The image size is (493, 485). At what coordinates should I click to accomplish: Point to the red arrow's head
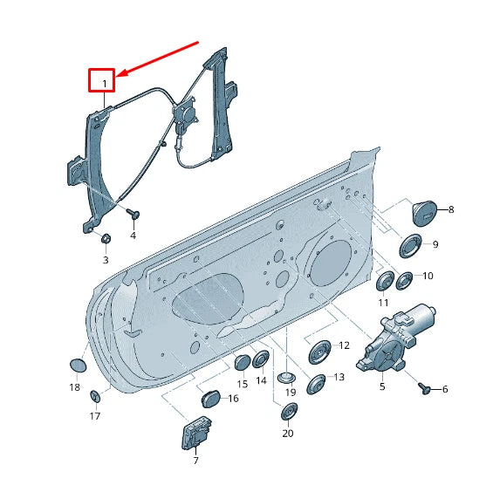coord(121,74)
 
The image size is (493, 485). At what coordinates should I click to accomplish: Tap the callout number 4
coord(134,235)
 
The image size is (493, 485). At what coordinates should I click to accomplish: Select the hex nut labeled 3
coord(106,239)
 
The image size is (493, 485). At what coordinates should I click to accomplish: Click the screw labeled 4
coord(134,214)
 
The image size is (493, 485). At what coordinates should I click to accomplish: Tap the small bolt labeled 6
coord(424,388)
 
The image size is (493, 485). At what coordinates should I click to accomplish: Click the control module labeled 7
coord(196,433)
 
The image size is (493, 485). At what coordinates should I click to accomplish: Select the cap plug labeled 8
coord(424,213)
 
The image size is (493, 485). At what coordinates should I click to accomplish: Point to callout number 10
coord(428,276)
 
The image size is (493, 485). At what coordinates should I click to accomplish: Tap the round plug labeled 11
coord(386,282)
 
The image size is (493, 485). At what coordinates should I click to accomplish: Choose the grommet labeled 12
coord(319,352)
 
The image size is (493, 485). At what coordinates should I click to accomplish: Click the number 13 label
coord(339,377)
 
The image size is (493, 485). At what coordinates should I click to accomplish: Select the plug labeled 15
coord(243,362)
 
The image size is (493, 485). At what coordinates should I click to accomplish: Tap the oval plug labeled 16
coord(210,399)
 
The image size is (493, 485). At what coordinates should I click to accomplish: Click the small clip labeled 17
coord(95,396)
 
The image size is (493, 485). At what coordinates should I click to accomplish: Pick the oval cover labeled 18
coord(78,365)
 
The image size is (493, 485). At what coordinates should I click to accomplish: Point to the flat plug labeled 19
coord(286,377)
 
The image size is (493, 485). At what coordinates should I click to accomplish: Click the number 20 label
coord(288,434)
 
